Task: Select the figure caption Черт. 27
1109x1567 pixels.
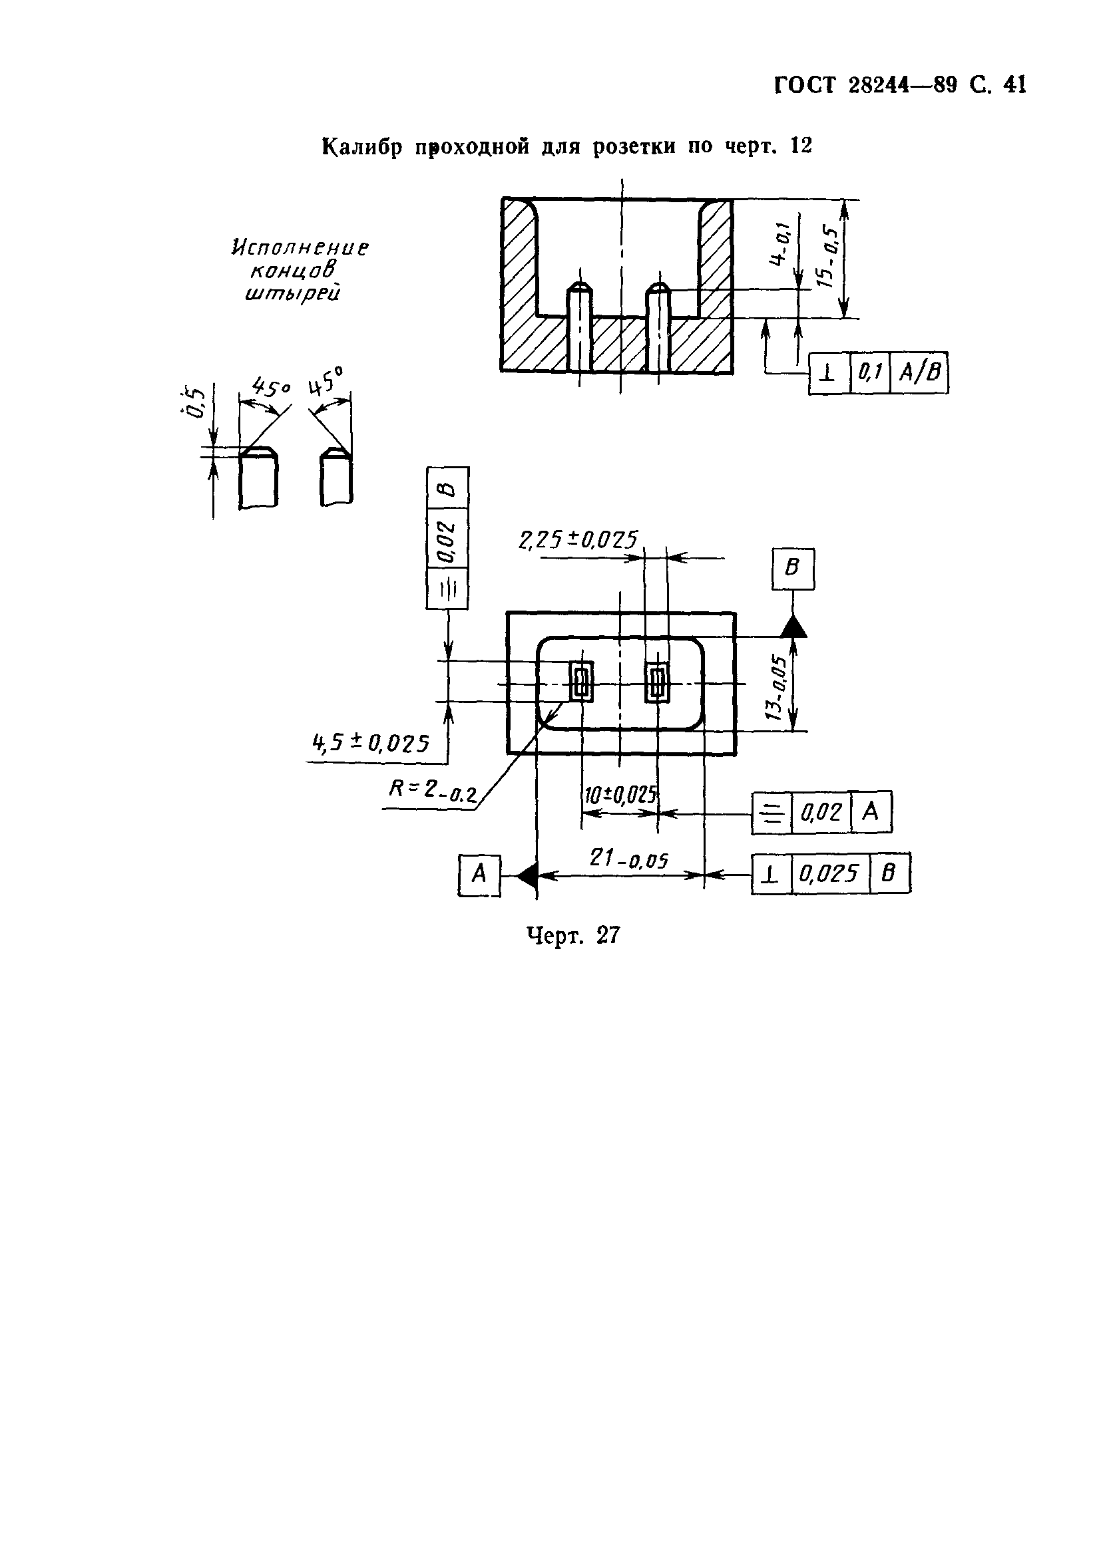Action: coord(574,935)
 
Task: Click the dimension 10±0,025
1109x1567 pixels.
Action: coord(620,795)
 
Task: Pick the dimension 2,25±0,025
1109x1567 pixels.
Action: coord(578,540)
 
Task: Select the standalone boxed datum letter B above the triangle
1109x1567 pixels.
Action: coord(793,568)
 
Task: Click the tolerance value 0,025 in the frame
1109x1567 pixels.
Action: coord(829,873)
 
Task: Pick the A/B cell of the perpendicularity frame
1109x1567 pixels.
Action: coord(919,372)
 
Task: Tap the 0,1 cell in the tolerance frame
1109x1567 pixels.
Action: coord(870,372)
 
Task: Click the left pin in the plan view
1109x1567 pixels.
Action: coord(582,681)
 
